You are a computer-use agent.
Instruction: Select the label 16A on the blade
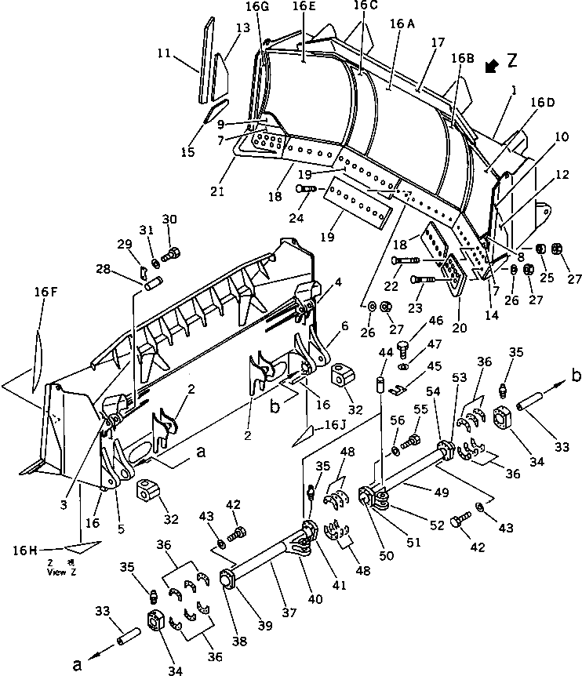402,24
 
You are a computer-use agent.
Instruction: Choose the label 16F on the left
45,292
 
